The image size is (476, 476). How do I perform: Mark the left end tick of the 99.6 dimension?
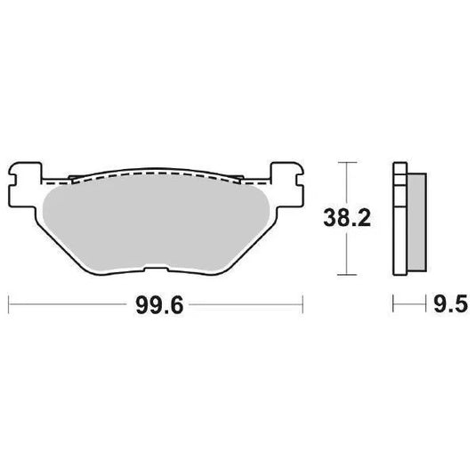click(x=8, y=306)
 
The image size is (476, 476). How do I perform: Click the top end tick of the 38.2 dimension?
click(x=347, y=163)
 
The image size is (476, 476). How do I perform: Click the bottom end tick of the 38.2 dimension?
click(x=347, y=273)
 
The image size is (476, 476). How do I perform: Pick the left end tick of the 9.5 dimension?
click(x=393, y=306)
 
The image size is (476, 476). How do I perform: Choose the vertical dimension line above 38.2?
click(x=347, y=182)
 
